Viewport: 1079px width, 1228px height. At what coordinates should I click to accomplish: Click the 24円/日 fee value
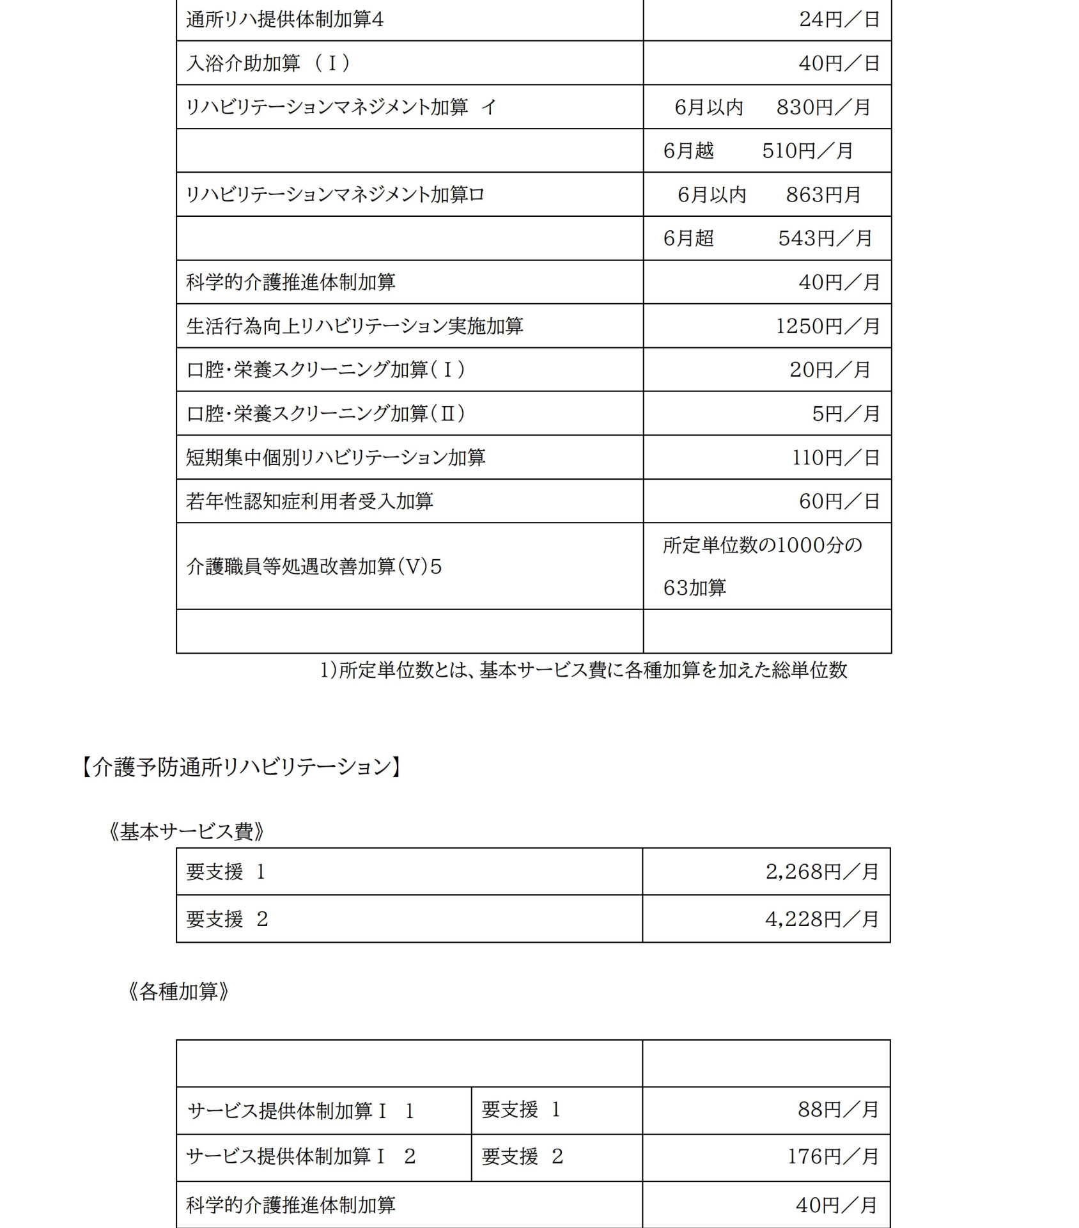point(839,20)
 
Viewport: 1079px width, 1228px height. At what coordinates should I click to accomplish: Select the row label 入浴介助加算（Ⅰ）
point(268,63)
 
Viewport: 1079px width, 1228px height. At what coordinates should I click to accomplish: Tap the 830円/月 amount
point(823,107)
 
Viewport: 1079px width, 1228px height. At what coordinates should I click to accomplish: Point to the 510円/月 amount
point(807,151)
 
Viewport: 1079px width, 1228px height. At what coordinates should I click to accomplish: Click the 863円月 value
point(823,194)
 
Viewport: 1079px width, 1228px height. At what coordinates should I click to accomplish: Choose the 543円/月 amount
point(825,239)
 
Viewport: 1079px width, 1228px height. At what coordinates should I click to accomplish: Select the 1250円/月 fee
point(828,326)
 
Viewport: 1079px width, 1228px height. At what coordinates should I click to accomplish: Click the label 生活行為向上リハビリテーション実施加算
point(355,326)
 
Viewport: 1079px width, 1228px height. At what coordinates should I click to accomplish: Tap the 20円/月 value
point(830,370)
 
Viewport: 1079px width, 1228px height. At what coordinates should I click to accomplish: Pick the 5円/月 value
point(846,414)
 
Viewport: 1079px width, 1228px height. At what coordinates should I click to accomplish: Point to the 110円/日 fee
point(836,458)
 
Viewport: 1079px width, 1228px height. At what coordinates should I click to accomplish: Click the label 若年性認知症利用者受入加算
point(309,501)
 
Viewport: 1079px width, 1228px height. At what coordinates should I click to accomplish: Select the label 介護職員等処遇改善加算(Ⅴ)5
point(314,567)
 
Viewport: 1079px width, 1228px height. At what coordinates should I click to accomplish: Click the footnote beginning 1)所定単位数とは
point(583,670)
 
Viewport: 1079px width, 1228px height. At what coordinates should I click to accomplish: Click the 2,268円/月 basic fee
point(822,872)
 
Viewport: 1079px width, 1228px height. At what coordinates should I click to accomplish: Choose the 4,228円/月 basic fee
point(822,919)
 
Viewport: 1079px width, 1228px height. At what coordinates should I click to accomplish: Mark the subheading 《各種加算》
point(178,992)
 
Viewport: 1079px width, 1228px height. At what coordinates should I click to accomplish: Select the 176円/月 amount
point(833,1156)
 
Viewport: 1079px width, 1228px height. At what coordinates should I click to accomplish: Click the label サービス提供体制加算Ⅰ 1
point(300,1111)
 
